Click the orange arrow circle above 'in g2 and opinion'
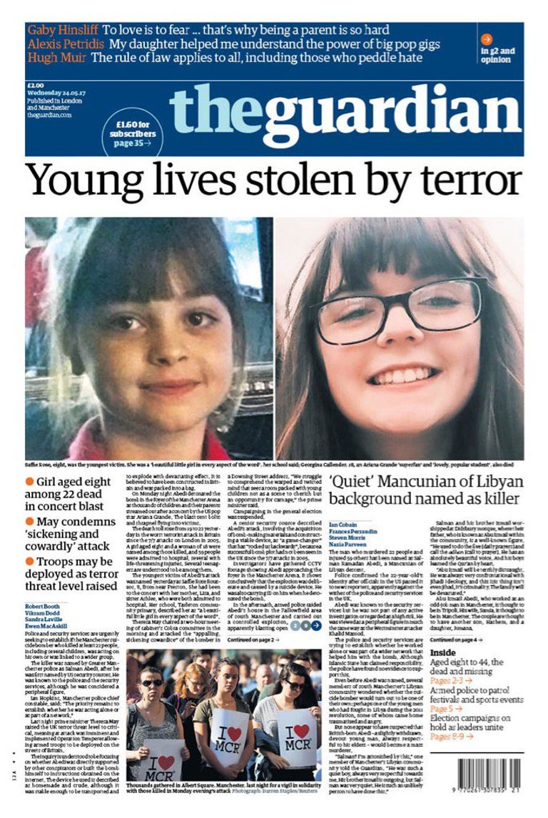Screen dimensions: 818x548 tap(487, 39)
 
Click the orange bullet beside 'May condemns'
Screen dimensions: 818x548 tap(30, 522)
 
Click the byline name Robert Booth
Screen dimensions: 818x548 tap(42, 605)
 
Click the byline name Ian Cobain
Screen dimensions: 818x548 tap(342, 525)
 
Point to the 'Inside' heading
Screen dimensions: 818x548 tap(442, 652)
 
